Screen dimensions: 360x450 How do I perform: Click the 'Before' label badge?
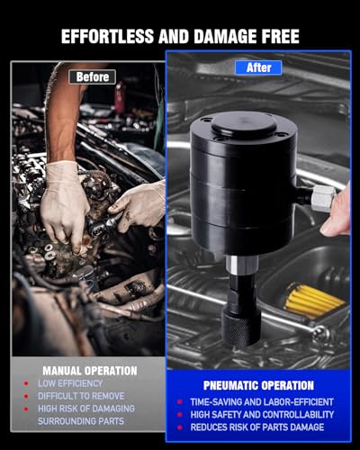[x=92, y=77]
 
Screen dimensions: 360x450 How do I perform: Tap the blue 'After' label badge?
[x=258, y=67]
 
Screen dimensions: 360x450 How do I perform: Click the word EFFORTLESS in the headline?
[x=107, y=37]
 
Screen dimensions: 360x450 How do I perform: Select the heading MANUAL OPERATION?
[x=90, y=371]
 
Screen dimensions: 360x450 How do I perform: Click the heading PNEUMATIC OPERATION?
[x=258, y=385]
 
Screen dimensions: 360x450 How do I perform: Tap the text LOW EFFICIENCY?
[x=70, y=383]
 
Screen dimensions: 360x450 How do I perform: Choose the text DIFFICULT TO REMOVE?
[x=81, y=396]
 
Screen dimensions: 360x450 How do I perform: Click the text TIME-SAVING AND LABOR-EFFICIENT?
[x=262, y=402]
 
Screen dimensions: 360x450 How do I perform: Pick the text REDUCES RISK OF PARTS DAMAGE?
[x=257, y=427]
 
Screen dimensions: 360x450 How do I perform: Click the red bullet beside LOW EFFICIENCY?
[x=26, y=383]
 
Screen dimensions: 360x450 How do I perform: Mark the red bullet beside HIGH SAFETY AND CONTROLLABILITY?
[x=180, y=415]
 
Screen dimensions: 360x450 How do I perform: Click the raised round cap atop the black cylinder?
[x=243, y=123]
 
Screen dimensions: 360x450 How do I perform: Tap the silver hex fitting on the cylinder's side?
[x=323, y=198]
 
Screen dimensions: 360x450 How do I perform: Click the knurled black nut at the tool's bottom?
[x=241, y=328]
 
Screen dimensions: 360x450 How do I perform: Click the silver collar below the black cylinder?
[x=242, y=265]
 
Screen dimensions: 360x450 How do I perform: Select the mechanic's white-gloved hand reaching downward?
[x=64, y=205]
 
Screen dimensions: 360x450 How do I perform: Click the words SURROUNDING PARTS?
[x=81, y=421]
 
